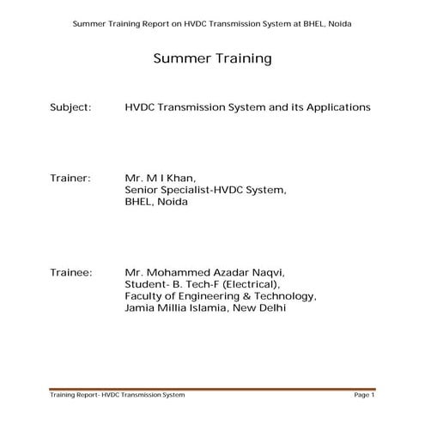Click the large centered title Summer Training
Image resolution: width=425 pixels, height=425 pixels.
pos(212,59)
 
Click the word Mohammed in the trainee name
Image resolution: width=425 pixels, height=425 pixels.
pos(179,271)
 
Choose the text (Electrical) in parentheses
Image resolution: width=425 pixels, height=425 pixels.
pos(249,283)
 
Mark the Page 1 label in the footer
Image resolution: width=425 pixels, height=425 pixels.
pos(364,396)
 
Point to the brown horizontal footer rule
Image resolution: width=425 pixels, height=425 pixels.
pos(212,389)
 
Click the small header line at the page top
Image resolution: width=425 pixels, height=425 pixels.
pos(212,23)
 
